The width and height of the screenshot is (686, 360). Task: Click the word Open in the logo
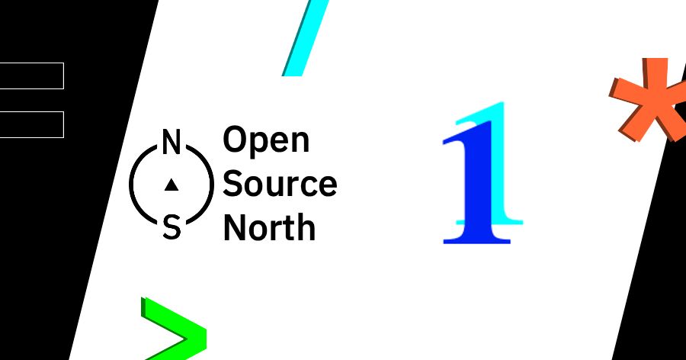click(x=266, y=140)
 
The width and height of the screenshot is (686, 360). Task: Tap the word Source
click(x=280, y=183)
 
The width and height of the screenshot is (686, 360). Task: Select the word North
click(x=269, y=227)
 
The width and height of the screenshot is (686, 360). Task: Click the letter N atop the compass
click(x=171, y=142)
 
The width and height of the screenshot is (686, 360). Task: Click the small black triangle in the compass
click(x=171, y=185)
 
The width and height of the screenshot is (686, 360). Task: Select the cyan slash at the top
click(x=306, y=38)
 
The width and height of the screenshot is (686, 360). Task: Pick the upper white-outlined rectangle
click(x=32, y=76)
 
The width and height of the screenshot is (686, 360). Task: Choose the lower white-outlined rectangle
click(x=32, y=124)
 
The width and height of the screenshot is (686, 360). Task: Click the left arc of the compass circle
click(x=131, y=184)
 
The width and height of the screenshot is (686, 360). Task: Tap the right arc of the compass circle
click(x=212, y=184)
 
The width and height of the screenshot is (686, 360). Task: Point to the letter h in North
click(x=306, y=227)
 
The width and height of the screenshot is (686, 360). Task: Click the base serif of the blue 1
click(x=477, y=239)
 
